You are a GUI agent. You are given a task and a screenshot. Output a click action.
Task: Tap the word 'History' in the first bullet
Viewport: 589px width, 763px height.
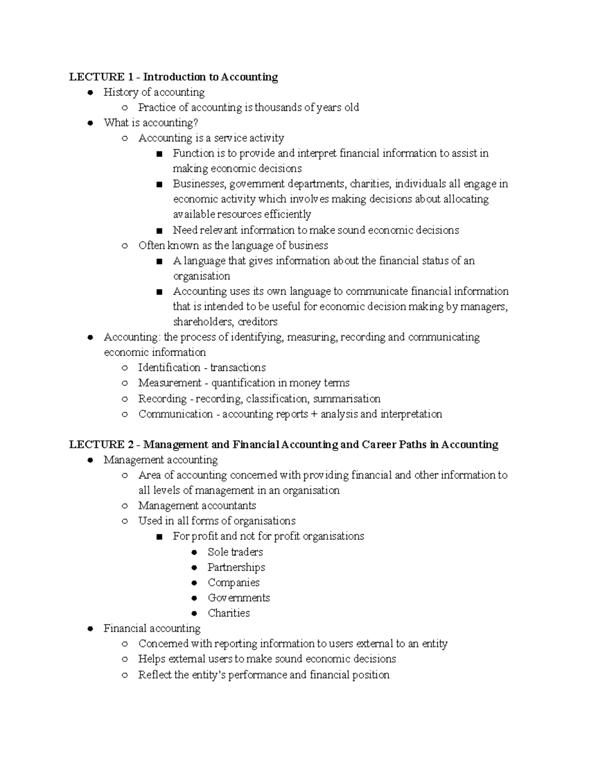(120, 92)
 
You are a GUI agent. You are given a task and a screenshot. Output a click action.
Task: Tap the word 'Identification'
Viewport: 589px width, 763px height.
(169, 368)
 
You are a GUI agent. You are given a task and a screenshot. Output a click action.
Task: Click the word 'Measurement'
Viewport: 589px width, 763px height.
(170, 383)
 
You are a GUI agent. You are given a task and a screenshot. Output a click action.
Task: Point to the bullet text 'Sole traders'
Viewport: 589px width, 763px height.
(235, 552)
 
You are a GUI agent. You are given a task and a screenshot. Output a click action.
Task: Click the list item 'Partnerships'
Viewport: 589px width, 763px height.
(236, 567)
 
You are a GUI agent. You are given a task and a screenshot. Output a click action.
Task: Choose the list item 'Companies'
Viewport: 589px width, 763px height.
(234, 583)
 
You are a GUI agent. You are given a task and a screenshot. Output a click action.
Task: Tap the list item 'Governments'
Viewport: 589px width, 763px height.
(239, 598)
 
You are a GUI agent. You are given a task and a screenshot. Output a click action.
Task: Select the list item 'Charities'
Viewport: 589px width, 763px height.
(229, 613)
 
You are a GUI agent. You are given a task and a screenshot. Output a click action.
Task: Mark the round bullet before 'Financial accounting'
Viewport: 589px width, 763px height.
(90, 629)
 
